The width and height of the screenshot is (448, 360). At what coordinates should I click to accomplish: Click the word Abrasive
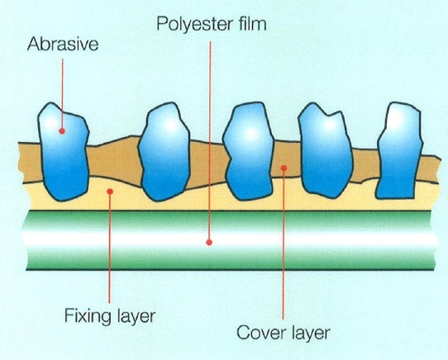tap(63, 45)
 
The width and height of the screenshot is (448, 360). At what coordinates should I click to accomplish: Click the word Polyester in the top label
tap(192, 24)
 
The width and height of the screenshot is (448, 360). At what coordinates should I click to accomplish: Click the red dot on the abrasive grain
tap(62, 131)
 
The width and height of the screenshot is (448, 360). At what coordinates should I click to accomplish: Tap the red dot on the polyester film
tap(209, 243)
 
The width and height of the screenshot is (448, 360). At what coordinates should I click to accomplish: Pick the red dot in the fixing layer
tap(110, 192)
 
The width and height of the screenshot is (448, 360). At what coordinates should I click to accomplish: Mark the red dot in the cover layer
tap(284, 168)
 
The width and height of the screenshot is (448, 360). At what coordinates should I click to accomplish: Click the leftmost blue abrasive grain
tap(64, 152)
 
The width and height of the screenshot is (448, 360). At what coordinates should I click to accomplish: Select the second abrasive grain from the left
tap(164, 152)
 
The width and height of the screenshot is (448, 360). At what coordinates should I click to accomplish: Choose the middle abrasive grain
tap(248, 152)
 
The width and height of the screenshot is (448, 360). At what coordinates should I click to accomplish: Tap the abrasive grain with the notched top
tap(325, 150)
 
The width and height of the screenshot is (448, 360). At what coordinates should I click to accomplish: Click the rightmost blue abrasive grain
tap(399, 150)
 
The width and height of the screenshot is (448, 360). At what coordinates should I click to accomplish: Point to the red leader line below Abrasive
tap(62, 93)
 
